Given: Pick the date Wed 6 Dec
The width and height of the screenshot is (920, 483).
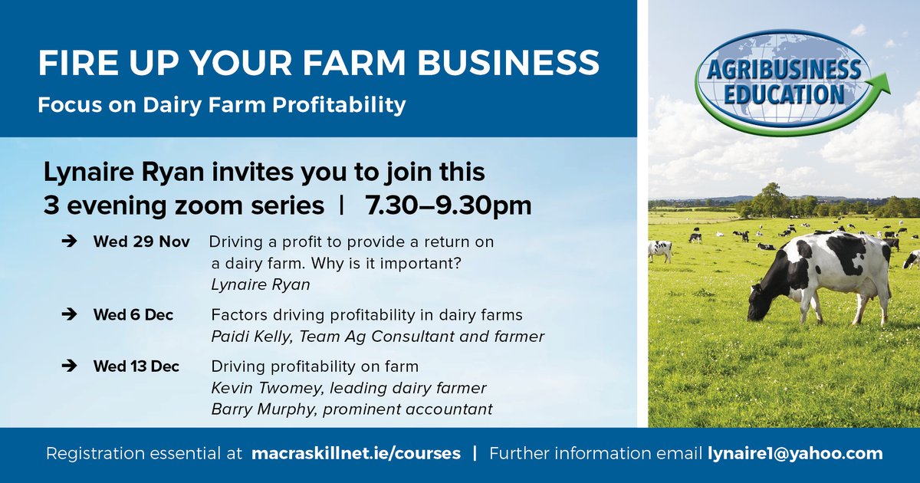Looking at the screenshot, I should [133, 314].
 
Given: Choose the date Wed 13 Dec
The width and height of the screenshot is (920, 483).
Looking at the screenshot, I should [136, 366].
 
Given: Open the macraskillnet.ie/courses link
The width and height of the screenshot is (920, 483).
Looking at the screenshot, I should [356, 453].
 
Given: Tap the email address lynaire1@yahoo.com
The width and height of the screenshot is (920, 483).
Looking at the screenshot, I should [793, 453].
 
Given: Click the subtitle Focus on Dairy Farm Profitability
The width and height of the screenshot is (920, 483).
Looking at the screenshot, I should [222, 104].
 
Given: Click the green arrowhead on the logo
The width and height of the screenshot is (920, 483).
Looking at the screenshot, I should [882, 83].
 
